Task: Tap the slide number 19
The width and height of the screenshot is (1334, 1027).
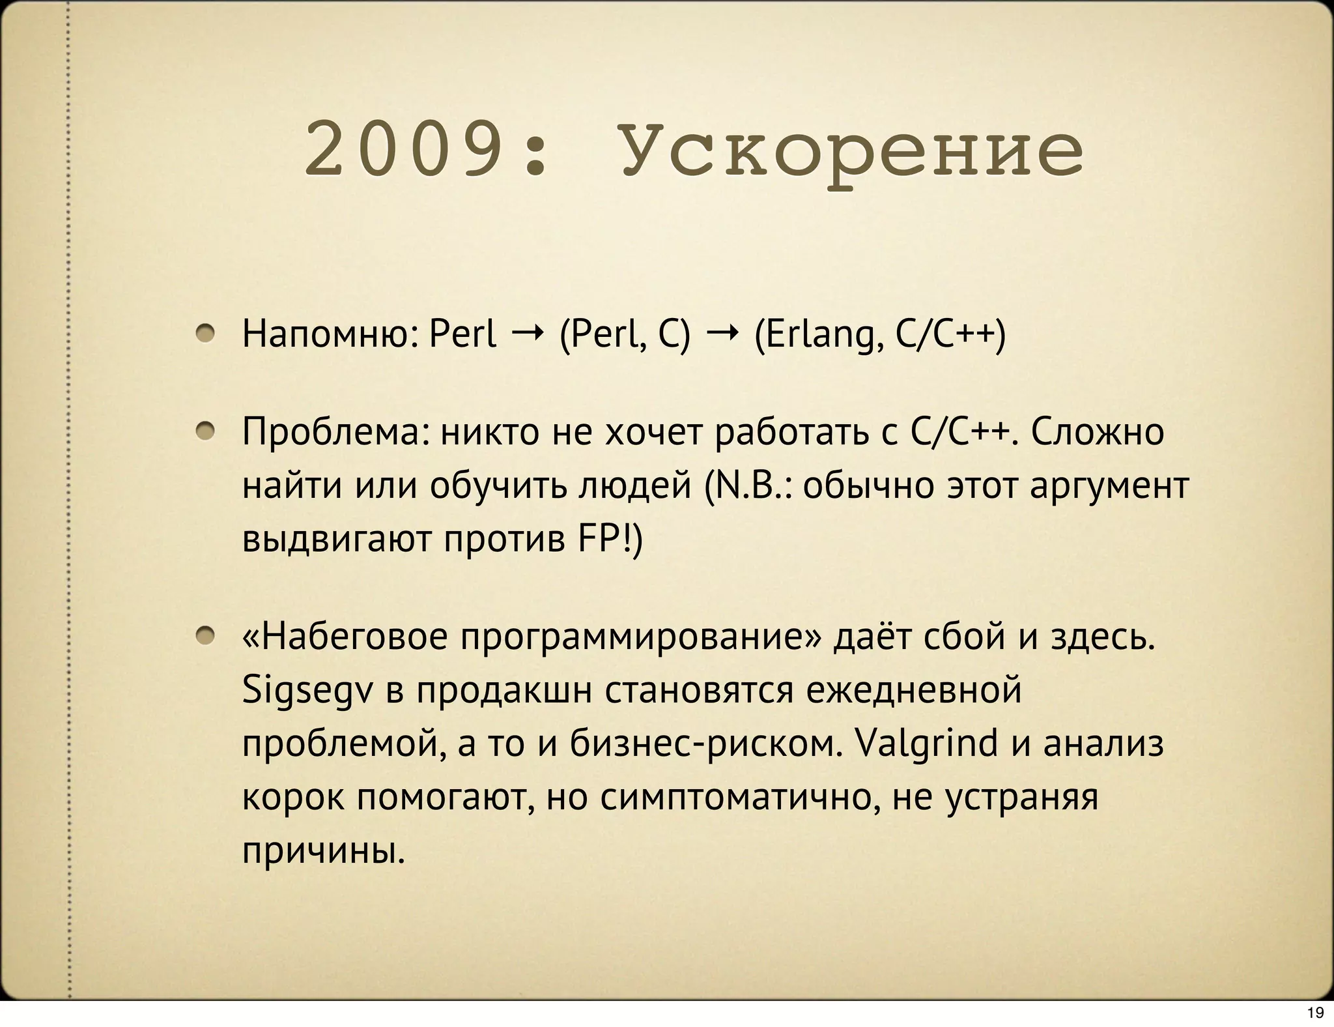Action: [1315, 1013]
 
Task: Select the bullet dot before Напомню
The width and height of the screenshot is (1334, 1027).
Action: [206, 334]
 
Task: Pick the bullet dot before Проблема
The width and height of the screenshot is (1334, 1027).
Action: [206, 431]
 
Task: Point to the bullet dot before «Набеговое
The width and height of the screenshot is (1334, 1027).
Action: [206, 635]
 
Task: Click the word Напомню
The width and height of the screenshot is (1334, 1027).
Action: [330, 335]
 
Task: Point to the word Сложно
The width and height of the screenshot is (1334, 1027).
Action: [1097, 433]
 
